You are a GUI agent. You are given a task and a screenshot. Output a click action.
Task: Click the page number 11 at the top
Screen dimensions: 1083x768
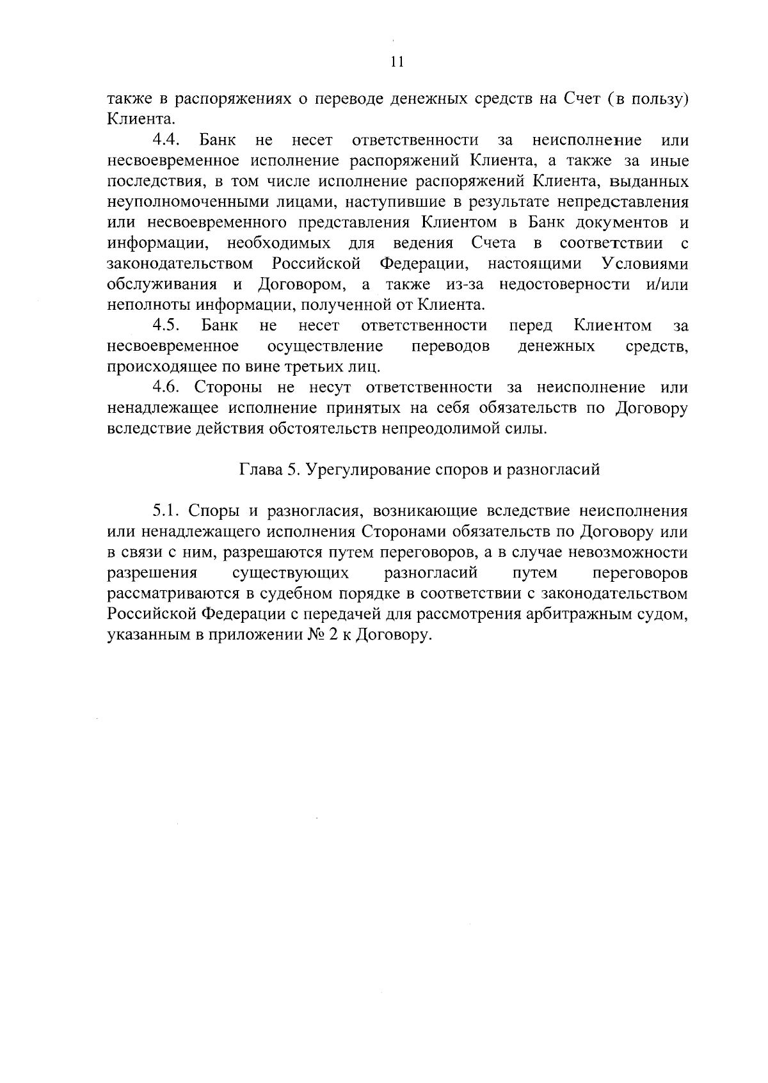click(x=397, y=62)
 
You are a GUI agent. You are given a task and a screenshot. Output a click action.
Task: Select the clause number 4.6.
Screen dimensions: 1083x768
click(x=167, y=387)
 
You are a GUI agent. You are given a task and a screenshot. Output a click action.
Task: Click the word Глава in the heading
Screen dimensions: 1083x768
click(x=260, y=470)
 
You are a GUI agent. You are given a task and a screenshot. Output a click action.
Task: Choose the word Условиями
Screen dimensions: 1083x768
click(x=645, y=264)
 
